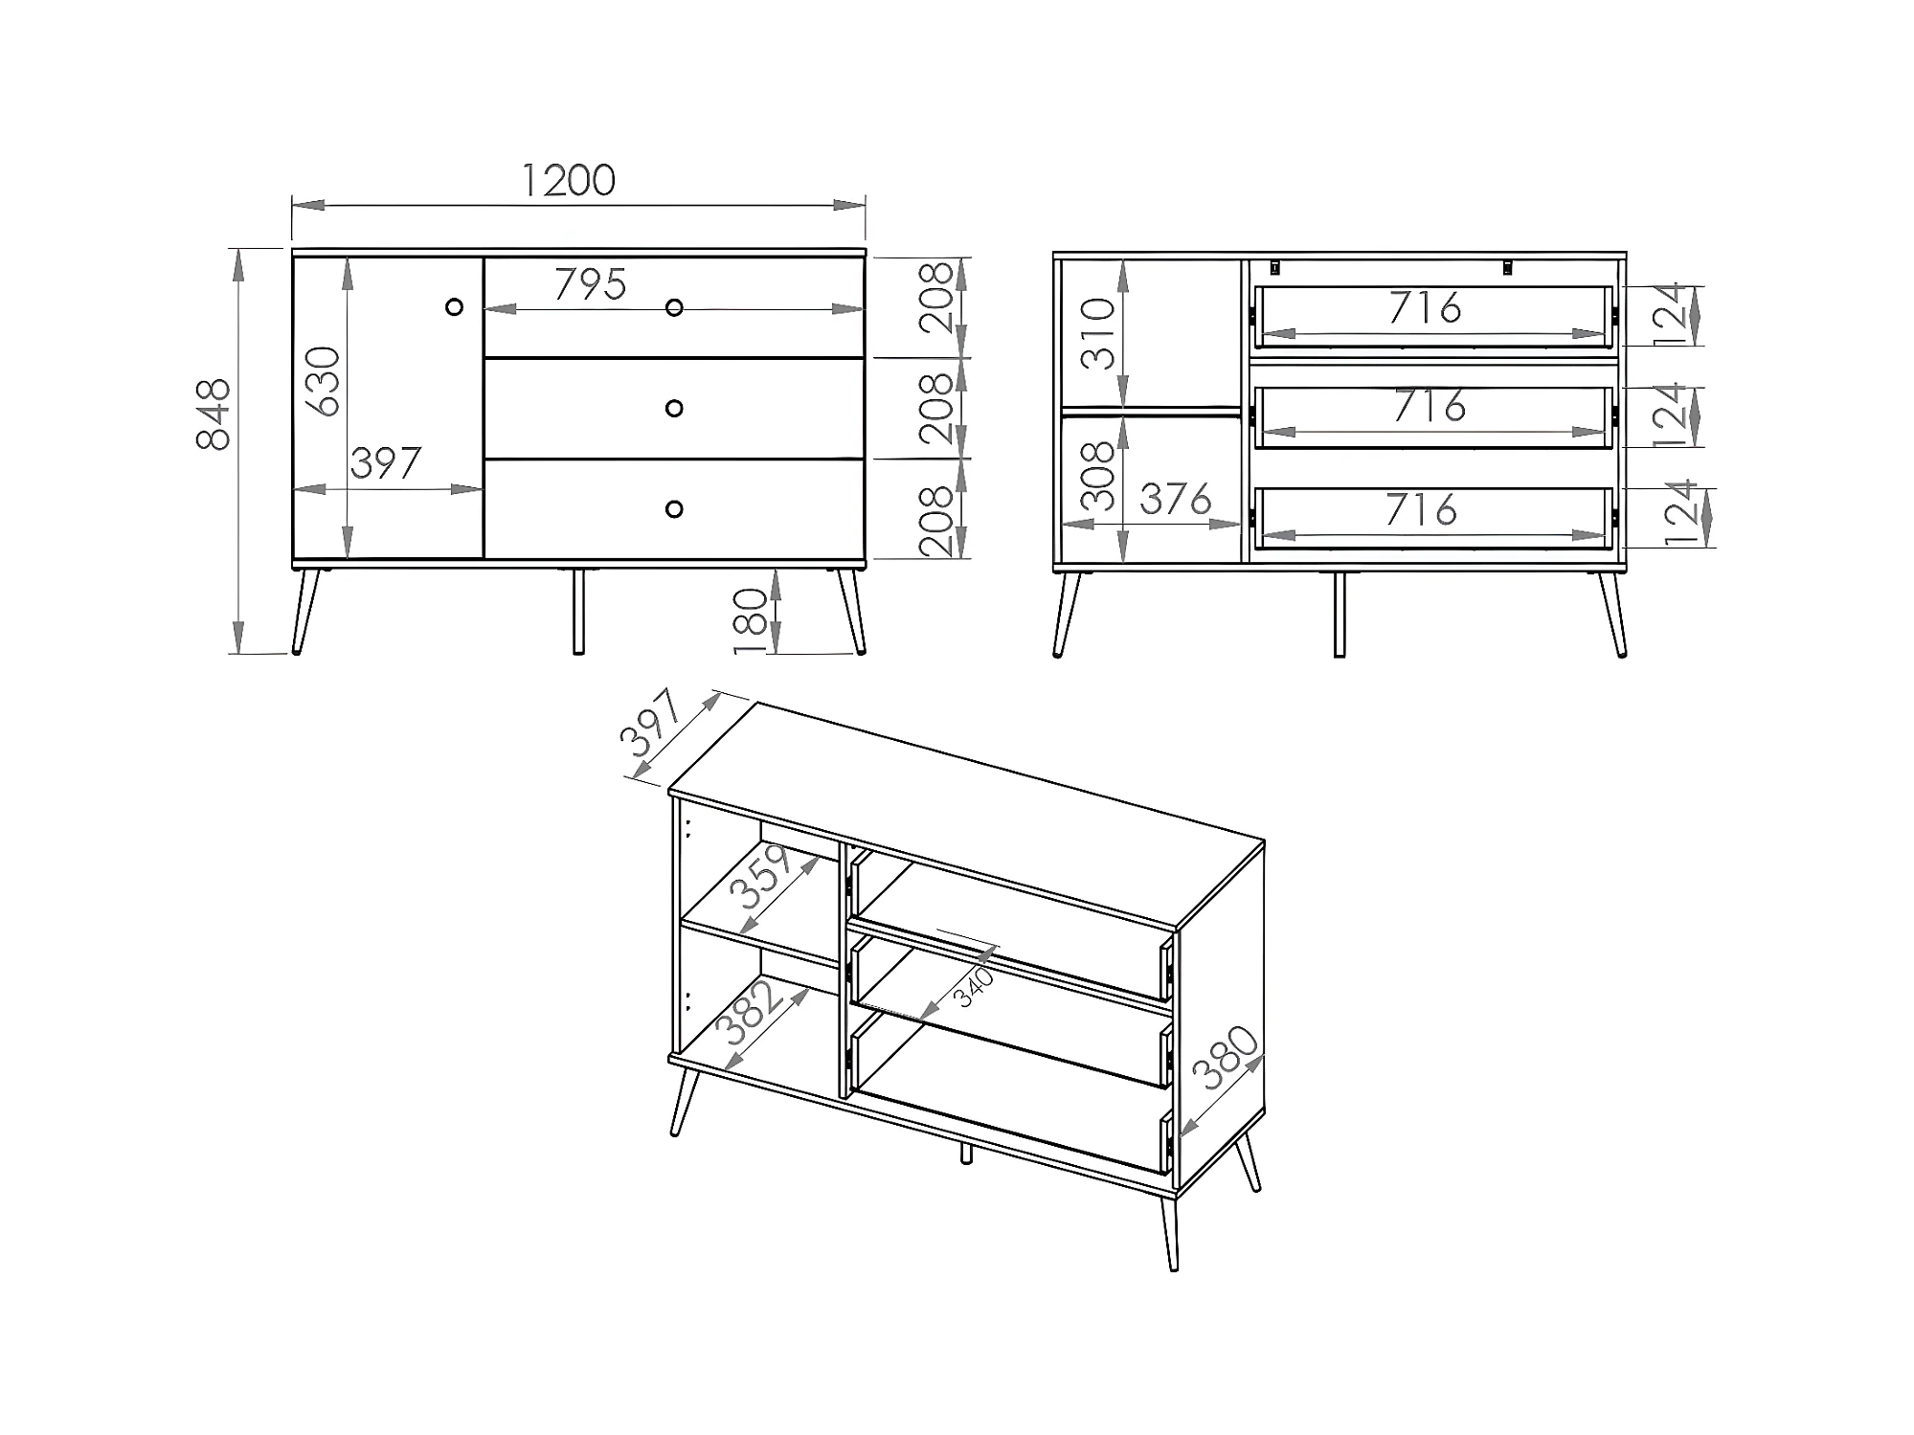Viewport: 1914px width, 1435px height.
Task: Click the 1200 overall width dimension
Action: coord(568,180)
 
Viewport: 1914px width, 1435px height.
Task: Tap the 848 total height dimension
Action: coord(214,415)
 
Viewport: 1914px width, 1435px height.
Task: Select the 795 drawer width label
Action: coord(591,284)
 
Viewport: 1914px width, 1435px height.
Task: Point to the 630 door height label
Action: coord(323,381)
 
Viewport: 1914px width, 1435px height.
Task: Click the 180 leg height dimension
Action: coord(753,622)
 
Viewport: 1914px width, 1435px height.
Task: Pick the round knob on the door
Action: coord(455,306)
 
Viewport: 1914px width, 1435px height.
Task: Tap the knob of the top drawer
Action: coord(674,307)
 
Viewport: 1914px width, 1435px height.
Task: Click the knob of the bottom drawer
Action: coord(674,508)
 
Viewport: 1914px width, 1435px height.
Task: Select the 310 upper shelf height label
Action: coord(1099,334)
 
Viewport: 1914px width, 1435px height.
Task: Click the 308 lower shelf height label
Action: coord(1097,476)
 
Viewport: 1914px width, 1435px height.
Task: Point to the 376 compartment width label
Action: coord(1176,500)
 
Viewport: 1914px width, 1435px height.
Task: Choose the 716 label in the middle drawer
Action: coord(1430,406)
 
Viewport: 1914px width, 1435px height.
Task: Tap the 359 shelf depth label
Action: coord(761,876)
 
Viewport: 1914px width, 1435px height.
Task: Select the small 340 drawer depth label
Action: coord(975,987)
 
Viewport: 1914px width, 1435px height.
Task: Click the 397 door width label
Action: coord(386,463)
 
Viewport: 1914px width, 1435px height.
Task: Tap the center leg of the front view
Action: coord(578,612)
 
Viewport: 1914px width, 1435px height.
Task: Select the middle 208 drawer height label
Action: coord(936,409)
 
